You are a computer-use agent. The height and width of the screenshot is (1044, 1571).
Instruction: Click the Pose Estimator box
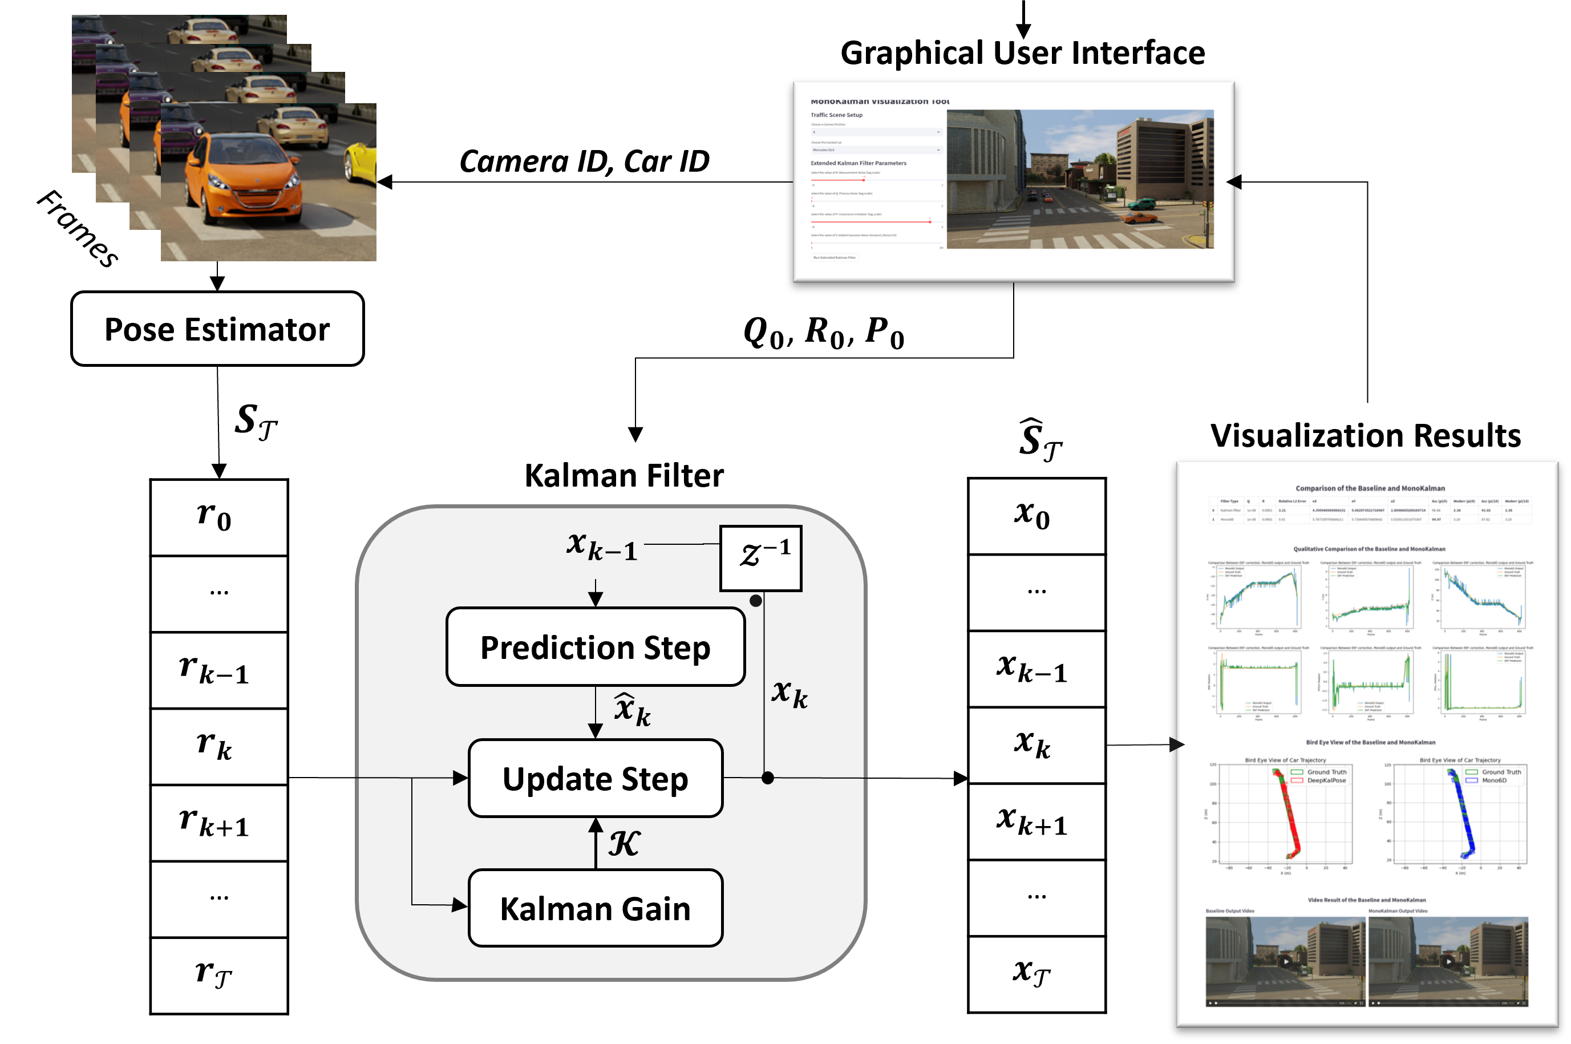pos(217,329)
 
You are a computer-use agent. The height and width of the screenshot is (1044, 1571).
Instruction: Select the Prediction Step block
pos(595,647)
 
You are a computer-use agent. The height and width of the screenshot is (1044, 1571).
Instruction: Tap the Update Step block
pos(595,778)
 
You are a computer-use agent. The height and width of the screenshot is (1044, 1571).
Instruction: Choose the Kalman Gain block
pos(595,908)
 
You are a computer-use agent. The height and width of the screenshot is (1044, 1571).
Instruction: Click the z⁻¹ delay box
pos(761,558)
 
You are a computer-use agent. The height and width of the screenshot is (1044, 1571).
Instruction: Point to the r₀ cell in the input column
pos(219,518)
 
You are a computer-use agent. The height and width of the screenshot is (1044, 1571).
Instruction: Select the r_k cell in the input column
pos(219,746)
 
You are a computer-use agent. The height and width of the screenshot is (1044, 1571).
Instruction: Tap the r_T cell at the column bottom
pos(219,975)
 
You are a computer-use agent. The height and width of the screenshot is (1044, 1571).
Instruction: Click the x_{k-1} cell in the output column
pos(1036,669)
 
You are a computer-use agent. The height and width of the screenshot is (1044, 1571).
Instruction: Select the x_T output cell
pos(1036,973)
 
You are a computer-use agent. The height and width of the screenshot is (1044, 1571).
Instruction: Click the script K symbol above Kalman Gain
pos(623,844)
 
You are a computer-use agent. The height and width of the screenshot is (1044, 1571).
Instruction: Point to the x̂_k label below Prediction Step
pos(631,710)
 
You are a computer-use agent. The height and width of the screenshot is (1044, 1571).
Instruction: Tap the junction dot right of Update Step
pos(767,778)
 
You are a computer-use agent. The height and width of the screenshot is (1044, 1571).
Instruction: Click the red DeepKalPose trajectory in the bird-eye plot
pos(1289,819)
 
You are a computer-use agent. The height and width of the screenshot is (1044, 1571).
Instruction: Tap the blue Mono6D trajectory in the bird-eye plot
pos(1465,819)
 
